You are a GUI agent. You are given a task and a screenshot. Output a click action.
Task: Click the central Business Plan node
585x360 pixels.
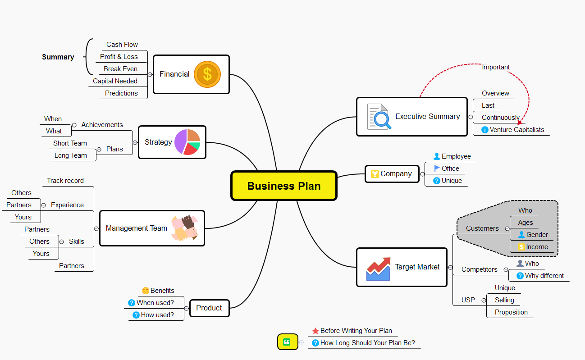coord(284,186)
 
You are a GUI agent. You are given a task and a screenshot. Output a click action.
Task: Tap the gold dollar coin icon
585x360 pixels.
coord(207,74)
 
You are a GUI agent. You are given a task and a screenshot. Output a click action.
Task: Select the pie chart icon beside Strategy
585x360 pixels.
coord(187,142)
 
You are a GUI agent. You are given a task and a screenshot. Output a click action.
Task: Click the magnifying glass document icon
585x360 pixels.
coord(378,117)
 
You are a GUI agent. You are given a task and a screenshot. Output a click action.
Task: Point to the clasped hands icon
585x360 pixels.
coord(184,228)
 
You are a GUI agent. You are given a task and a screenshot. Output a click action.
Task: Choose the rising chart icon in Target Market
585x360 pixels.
coord(378,269)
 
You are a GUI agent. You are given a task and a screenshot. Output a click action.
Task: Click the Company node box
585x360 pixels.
coord(391,174)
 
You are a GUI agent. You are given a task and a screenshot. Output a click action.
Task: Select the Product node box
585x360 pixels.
coord(209,308)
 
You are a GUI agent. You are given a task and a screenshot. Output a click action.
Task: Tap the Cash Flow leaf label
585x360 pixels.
coord(122,45)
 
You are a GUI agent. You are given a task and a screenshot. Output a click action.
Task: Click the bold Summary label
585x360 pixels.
coord(58,57)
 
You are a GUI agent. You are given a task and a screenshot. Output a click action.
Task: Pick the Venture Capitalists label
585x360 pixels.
coord(517,130)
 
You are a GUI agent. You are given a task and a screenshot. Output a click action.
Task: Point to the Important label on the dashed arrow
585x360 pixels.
coord(496,67)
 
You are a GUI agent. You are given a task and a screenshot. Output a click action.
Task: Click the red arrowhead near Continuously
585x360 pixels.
coord(520,122)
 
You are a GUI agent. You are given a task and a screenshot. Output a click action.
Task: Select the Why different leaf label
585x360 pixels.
coord(544,276)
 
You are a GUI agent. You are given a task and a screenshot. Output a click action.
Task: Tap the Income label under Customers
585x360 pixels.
coord(537,247)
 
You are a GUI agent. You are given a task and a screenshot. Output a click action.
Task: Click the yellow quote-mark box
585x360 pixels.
coord(288,342)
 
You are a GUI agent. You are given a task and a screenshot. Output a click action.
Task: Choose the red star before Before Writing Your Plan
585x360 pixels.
coord(315,331)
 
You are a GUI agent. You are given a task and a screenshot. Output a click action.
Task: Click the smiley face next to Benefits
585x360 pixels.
coord(145,291)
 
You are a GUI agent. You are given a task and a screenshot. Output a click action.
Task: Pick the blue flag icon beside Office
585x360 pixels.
coord(437,169)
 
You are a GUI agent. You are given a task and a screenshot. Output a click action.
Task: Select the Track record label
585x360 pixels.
coord(65,181)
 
